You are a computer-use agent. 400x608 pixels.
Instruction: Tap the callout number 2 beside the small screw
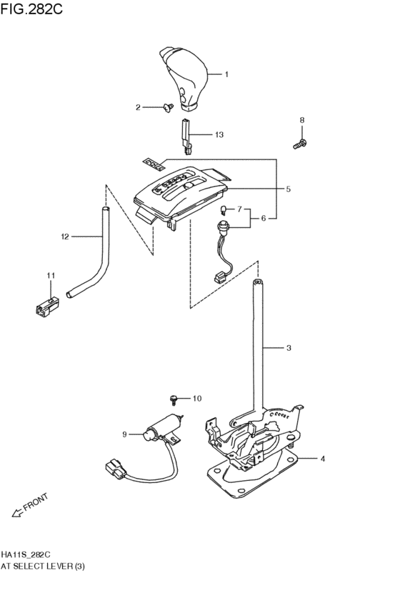pyautogui.click(x=139, y=107)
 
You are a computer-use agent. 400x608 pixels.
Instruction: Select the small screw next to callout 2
pyautogui.click(x=169, y=108)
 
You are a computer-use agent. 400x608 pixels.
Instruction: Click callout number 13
pyautogui.click(x=219, y=134)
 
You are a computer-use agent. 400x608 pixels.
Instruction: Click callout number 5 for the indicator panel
pyautogui.click(x=288, y=189)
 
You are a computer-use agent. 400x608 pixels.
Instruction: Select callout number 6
pyautogui.click(x=264, y=218)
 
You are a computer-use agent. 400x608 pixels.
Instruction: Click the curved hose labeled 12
pyautogui.click(x=100, y=257)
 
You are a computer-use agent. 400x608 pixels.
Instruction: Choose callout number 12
pyautogui.click(x=64, y=236)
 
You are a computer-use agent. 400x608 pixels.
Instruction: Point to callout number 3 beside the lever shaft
pyautogui.click(x=288, y=349)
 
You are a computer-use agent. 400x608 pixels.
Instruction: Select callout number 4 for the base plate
pyautogui.click(x=322, y=458)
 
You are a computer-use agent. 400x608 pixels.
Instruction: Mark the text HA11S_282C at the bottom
pyautogui.click(x=26, y=554)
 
